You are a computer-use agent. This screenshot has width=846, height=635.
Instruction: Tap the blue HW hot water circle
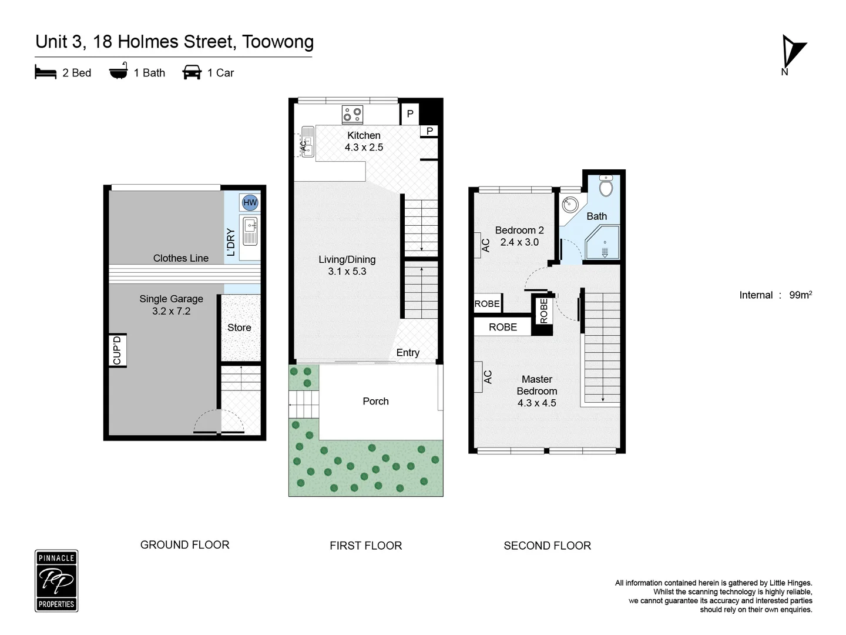click(x=250, y=202)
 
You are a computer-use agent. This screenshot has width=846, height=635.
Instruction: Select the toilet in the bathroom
click(x=606, y=186)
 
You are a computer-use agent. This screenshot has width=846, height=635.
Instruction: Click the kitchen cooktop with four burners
click(x=352, y=114)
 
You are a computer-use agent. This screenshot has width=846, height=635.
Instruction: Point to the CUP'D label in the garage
click(x=117, y=350)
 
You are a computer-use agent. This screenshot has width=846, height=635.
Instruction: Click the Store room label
click(x=239, y=327)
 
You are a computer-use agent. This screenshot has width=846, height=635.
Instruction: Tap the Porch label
click(x=375, y=401)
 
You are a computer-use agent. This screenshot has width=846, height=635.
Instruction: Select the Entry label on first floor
click(x=408, y=352)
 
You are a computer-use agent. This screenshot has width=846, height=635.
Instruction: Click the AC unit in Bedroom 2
click(x=485, y=245)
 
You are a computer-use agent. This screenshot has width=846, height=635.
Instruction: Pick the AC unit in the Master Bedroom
click(x=487, y=377)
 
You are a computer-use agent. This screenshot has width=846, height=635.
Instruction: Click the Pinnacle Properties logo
click(x=56, y=581)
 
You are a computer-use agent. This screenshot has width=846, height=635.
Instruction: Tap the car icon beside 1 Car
click(x=192, y=72)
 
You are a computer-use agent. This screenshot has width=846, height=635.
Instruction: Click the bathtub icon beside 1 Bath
click(x=118, y=72)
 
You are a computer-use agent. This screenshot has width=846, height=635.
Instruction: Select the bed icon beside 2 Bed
click(x=45, y=72)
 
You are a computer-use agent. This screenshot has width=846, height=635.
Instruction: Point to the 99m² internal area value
click(x=800, y=295)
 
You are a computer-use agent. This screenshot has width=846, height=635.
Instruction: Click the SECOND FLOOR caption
click(x=547, y=546)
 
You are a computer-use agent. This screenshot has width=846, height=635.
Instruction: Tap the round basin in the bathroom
click(x=570, y=205)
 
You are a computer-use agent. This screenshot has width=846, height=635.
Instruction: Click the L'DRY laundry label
click(x=231, y=242)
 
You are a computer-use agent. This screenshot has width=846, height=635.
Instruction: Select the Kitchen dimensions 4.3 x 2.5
click(x=364, y=148)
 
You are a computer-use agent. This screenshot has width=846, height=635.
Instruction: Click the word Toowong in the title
click(x=278, y=42)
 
